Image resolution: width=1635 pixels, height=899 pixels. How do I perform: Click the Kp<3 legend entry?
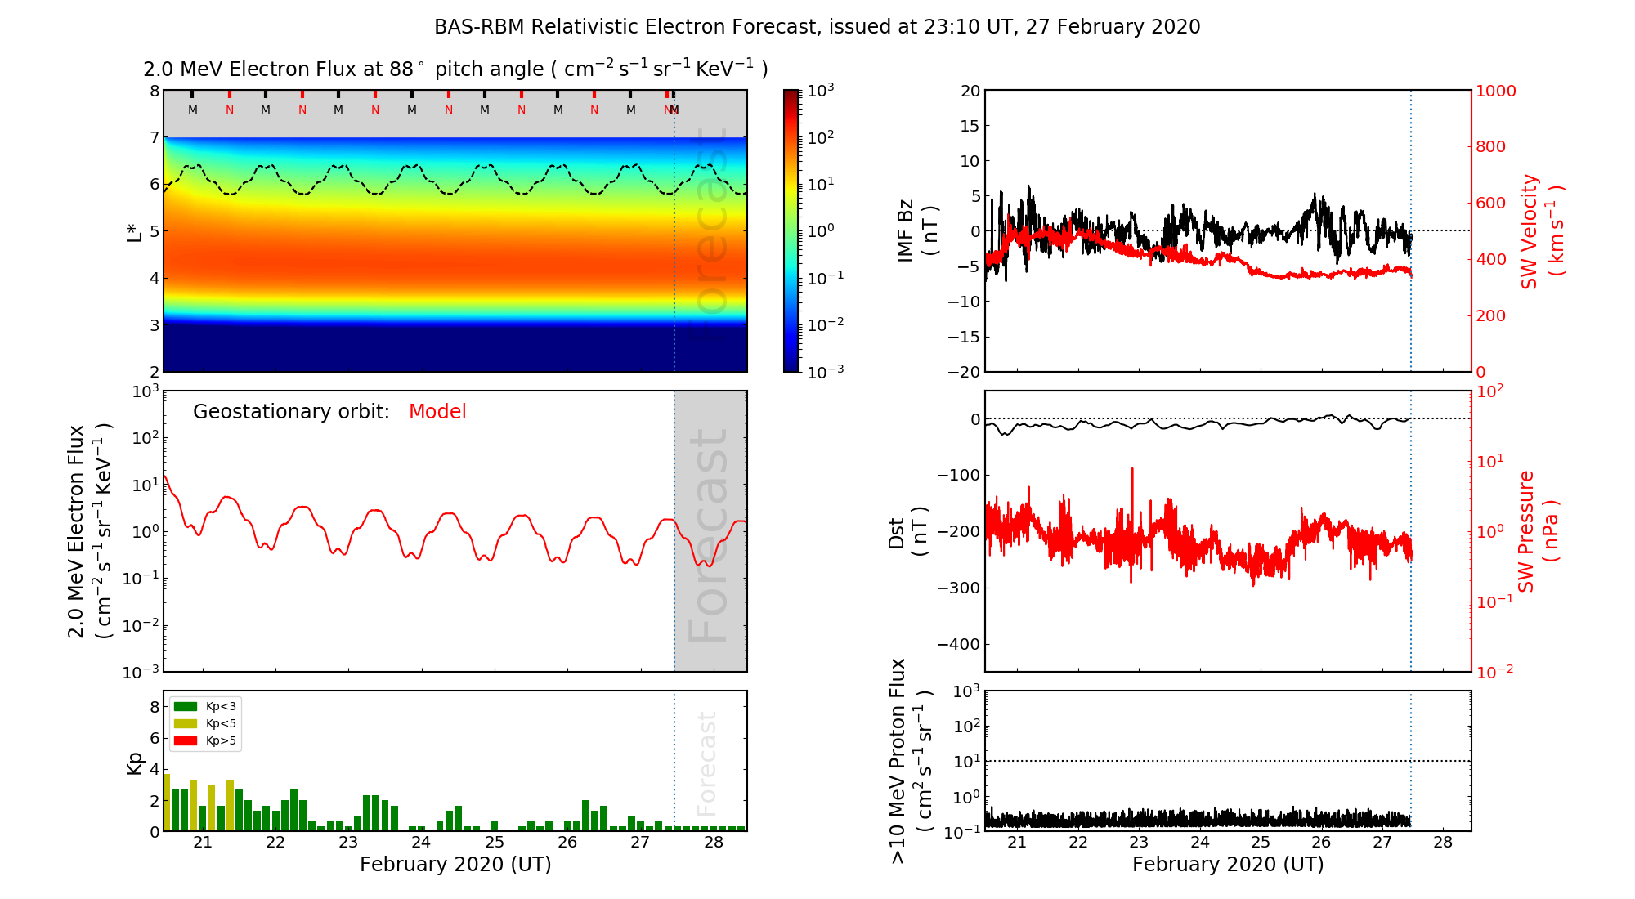[x=221, y=706]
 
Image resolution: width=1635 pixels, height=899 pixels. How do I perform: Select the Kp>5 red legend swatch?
[x=186, y=741]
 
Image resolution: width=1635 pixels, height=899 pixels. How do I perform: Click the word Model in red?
[x=437, y=412]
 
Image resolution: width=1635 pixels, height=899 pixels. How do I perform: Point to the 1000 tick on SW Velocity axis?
[x=1495, y=91]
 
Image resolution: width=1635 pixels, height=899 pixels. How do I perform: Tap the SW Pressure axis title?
[x=1538, y=531]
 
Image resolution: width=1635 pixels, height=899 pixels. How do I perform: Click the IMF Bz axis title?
[x=916, y=230]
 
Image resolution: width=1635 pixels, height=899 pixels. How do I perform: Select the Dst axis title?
[x=907, y=531]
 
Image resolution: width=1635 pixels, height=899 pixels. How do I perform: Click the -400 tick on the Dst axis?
[x=957, y=644]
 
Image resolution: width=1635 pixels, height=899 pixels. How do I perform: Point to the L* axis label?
[x=134, y=231]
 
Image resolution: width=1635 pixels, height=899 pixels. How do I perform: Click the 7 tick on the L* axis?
[x=155, y=137]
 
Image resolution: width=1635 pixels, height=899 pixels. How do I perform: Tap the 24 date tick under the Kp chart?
[x=421, y=843]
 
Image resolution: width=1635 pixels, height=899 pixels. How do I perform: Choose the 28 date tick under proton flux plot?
[x=1443, y=843]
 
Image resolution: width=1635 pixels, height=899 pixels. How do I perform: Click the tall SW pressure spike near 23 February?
[x=1132, y=471]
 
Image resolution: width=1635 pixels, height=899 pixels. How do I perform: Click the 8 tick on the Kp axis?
[x=155, y=707]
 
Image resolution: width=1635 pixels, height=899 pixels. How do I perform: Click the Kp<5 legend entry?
[x=221, y=723]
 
